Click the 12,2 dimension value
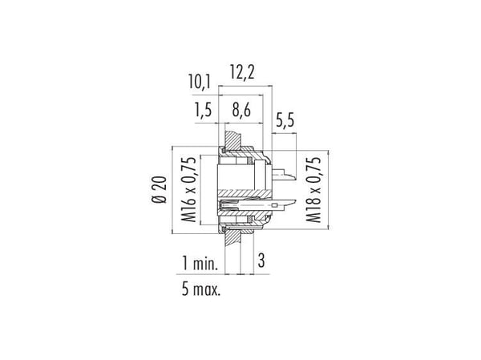[x=242, y=73]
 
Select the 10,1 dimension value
[x=200, y=83]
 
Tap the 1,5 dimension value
[x=204, y=110]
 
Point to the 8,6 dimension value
[x=241, y=110]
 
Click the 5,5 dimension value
[x=285, y=120]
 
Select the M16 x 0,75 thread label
[x=188, y=189]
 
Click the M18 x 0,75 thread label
[x=313, y=189]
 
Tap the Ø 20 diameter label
[x=160, y=190]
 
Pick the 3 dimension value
[x=261, y=261]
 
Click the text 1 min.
[x=200, y=263]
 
